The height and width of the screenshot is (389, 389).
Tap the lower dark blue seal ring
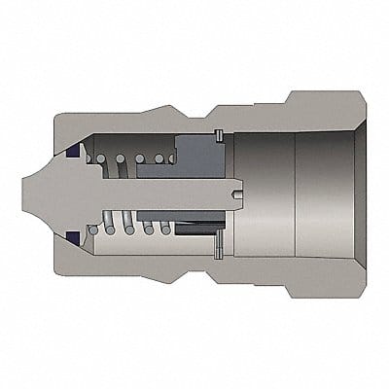77,237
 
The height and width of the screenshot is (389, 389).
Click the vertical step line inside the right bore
294,194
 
